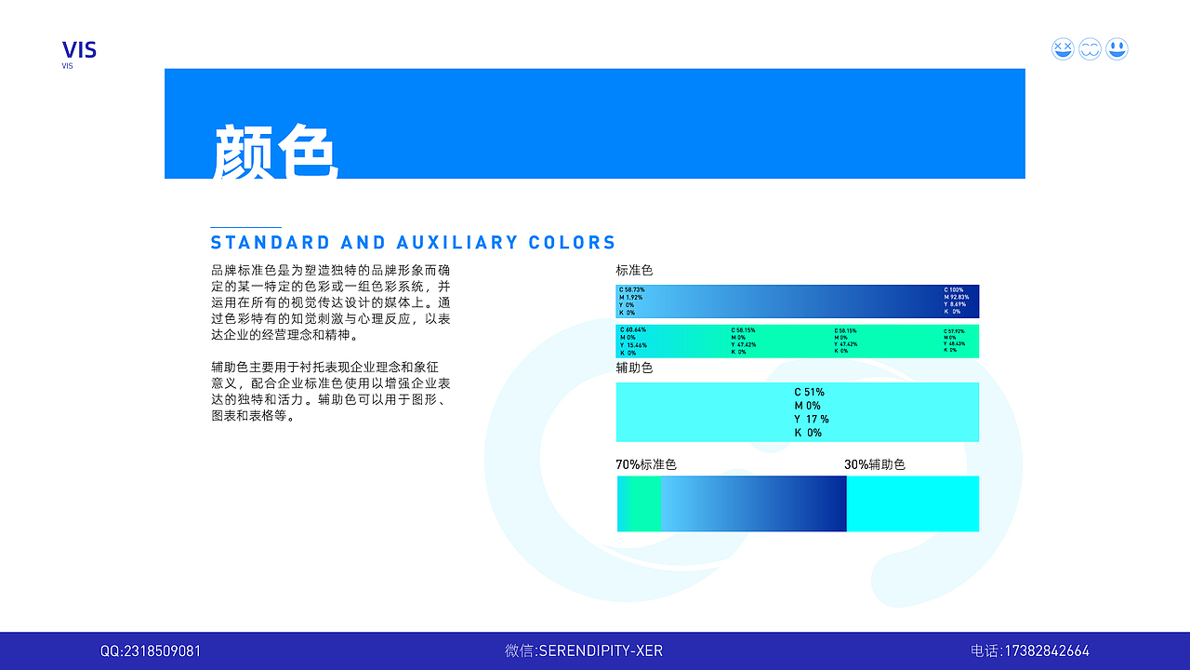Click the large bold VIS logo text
[79, 49]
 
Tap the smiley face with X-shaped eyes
[1063, 49]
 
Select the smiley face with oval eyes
[1117, 49]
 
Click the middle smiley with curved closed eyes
[1090, 49]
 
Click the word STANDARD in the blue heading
[271, 243]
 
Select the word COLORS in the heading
[573, 243]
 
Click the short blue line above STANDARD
[245, 227]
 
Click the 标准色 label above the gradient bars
[634, 271]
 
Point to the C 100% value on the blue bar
[955, 290]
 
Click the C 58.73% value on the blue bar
[631, 290]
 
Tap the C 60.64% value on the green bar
[632, 330]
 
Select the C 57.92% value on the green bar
[955, 331]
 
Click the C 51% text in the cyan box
[809, 393]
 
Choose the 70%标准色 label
[646, 464]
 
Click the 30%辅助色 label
[874, 464]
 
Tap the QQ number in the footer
[151, 651]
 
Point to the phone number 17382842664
[1045, 651]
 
